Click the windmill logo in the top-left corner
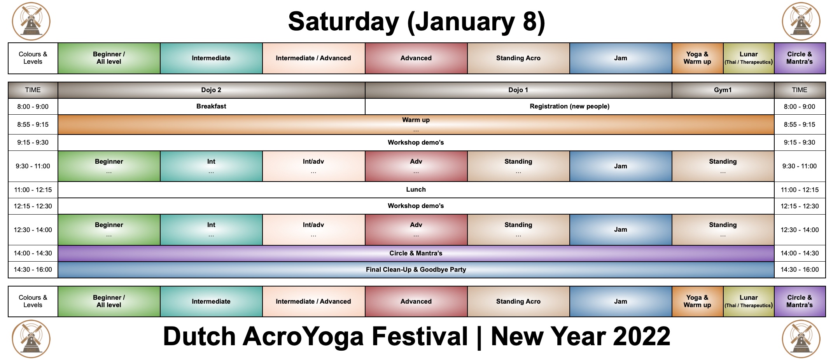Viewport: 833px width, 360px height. [x=31, y=21]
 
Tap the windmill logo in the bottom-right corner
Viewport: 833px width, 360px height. [x=801, y=339]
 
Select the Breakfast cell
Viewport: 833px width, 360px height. [x=211, y=107]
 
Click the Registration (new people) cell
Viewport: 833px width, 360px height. [x=569, y=107]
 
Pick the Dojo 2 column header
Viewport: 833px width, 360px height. [x=211, y=90]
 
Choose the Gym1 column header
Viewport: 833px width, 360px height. [x=723, y=90]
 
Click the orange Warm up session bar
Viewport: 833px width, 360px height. [x=416, y=124]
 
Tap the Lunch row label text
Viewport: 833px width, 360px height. [x=416, y=190]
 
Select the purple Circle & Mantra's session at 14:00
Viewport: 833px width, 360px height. [x=416, y=253]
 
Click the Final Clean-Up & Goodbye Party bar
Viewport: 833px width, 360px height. [x=416, y=270]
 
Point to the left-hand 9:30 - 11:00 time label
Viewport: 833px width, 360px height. [x=33, y=166]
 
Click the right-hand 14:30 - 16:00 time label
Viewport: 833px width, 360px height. [x=800, y=270]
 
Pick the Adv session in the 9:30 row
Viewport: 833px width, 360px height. [x=416, y=166]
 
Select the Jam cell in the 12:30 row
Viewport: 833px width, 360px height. [x=620, y=230]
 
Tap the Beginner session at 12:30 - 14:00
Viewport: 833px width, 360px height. [x=109, y=230]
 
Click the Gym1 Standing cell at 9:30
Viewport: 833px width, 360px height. [x=723, y=166]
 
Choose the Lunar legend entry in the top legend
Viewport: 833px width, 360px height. [x=749, y=58]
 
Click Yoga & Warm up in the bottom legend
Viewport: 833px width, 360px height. [x=697, y=302]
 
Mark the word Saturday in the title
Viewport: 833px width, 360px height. [x=343, y=22]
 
